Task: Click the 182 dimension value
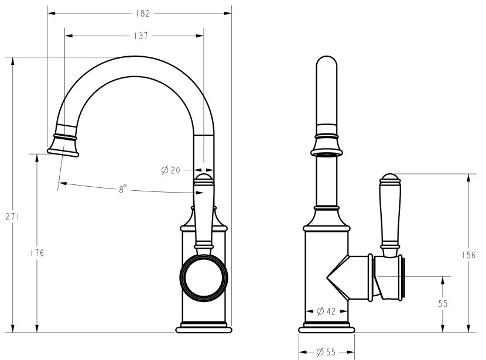tap(142, 13)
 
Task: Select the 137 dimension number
tap(141, 36)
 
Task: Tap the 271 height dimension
tap(12, 217)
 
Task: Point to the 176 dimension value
tap(37, 253)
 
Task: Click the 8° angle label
tap(123, 189)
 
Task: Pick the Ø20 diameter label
tap(171, 170)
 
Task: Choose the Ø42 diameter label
tap(326, 311)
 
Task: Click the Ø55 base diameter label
tap(326, 352)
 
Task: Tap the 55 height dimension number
tap(443, 304)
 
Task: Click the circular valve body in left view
tap(204, 277)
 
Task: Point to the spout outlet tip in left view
tap(63, 152)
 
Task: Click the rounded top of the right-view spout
tap(327, 63)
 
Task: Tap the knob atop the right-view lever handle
tap(390, 178)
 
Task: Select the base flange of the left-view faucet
tap(204, 328)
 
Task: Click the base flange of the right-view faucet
tap(326, 328)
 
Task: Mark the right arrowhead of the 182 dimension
tap(228, 13)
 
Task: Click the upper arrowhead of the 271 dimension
tap(13, 61)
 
